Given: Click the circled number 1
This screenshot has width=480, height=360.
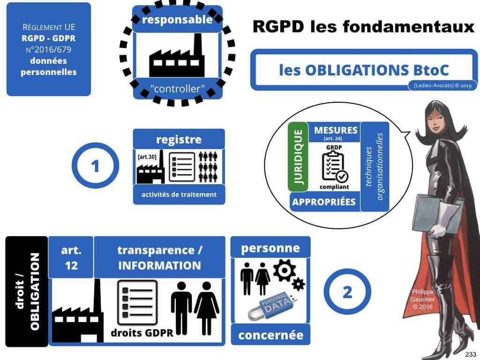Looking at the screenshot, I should click(x=95, y=166).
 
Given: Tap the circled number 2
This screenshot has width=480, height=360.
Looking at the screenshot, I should click(x=347, y=292).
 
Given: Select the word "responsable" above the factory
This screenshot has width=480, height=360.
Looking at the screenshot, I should click(x=177, y=20).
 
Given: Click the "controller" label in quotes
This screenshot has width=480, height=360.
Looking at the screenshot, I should click(x=177, y=88).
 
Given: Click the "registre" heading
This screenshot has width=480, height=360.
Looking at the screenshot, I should click(x=179, y=139).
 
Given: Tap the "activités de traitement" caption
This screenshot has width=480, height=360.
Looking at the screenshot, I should click(x=179, y=194).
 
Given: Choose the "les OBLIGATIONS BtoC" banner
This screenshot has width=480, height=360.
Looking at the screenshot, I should click(x=364, y=70).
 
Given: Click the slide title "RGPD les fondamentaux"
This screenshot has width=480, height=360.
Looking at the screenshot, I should click(x=363, y=27).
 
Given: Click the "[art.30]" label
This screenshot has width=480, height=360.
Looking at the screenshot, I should click(x=147, y=157).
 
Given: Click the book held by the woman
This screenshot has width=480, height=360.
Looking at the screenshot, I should click(x=425, y=206).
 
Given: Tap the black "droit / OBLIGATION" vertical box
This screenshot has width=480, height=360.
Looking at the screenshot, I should click(x=27, y=291).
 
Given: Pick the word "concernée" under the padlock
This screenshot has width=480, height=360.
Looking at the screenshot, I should click(x=270, y=335).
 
